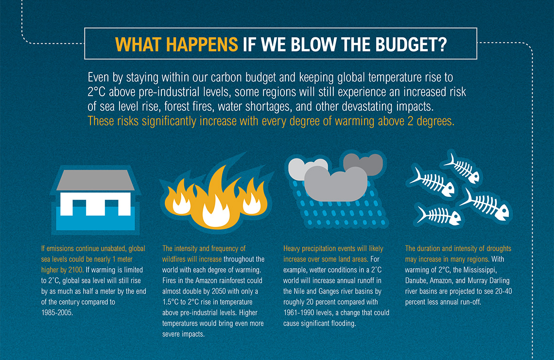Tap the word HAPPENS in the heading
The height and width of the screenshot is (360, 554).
[x=202, y=44]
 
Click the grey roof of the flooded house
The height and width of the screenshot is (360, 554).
[x=95, y=180]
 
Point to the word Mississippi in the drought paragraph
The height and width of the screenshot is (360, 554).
[x=480, y=270]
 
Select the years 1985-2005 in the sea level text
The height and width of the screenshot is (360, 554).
[x=57, y=313]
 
